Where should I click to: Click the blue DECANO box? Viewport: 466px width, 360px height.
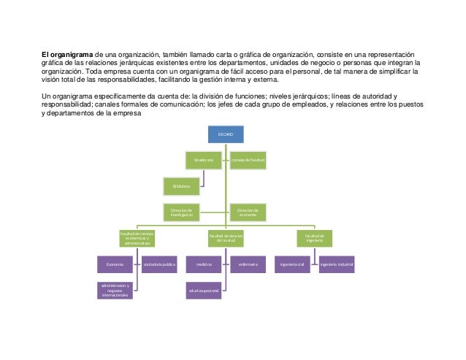click(225, 134)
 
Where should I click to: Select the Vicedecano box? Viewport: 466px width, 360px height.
click(204, 158)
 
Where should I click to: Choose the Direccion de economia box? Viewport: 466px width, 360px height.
click(248, 212)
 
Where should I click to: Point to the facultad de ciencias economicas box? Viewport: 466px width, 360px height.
click(137, 238)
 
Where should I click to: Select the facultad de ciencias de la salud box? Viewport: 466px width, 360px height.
click(226, 238)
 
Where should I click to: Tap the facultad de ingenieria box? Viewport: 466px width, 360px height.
click(314, 238)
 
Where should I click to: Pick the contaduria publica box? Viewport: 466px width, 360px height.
click(160, 264)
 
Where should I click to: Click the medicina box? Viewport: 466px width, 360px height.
click(204, 264)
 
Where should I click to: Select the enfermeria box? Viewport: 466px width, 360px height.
click(248, 264)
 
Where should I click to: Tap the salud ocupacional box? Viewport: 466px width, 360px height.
click(204, 291)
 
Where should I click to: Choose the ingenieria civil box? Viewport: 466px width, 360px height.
click(291, 264)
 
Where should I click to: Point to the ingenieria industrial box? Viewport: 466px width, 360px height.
click(336, 264)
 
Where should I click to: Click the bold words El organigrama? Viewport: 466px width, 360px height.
click(66, 54)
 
